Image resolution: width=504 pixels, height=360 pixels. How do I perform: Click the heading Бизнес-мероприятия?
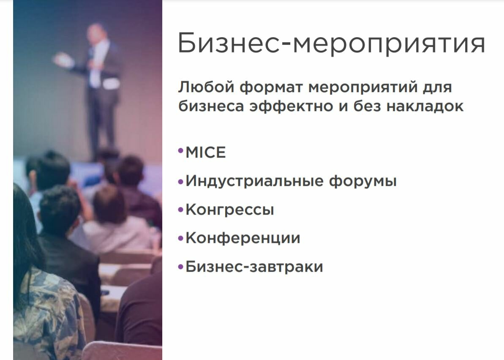point(331,44)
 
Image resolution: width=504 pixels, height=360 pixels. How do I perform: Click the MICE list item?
point(206,153)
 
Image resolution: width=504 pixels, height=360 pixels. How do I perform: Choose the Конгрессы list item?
point(230,210)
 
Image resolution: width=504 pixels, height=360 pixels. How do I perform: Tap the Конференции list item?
point(243,238)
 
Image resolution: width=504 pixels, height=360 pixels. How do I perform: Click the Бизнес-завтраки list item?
point(254,267)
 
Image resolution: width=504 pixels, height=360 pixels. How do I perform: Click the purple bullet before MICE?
point(181,151)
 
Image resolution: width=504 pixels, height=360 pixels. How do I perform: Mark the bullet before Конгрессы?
point(181,209)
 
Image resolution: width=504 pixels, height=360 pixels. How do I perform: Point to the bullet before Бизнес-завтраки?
point(181,267)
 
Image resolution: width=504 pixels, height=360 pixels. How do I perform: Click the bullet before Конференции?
point(181,238)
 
